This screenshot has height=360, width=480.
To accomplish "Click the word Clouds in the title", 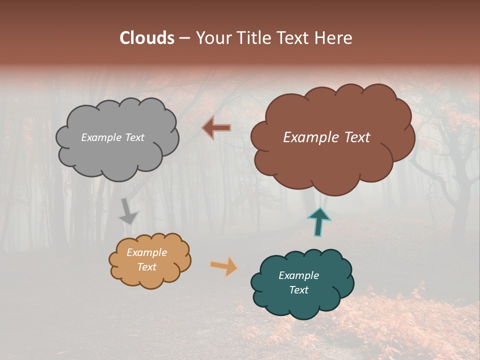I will click(x=146, y=38).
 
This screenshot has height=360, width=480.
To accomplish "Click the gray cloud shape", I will click(x=117, y=160).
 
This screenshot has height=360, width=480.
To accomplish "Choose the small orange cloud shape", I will click(x=150, y=277).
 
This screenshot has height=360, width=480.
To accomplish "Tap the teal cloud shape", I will click(x=300, y=305).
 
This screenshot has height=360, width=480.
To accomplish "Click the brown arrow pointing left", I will click(x=216, y=128).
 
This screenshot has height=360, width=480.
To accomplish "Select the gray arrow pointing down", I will click(x=128, y=212).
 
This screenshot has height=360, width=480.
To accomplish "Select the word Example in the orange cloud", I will click(x=146, y=252).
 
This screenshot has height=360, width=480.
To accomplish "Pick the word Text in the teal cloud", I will click(x=298, y=290).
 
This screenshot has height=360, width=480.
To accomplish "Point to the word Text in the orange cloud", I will click(x=146, y=267).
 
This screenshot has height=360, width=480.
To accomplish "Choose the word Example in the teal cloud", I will click(x=298, y=275).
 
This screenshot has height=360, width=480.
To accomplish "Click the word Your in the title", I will click(x=211, y=38).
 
